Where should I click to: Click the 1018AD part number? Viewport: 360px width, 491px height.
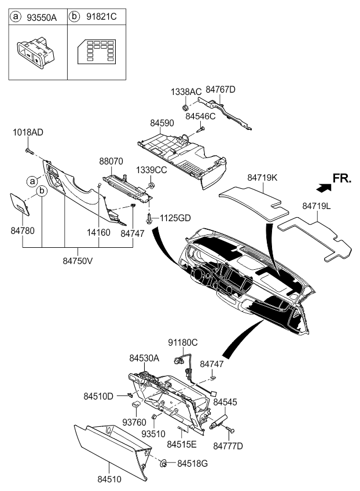point(28,133)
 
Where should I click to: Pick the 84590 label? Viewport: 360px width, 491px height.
point(163,123)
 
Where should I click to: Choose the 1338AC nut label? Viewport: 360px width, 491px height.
point(186,92)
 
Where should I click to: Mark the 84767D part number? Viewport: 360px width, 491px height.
point(221,89)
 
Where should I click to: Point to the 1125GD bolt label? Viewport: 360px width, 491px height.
point(175,218)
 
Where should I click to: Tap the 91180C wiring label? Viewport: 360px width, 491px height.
point(183,343)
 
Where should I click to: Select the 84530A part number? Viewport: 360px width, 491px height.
point(145,359)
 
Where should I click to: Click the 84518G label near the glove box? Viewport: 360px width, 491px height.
point(193,463)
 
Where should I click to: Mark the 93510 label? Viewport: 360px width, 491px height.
point(154,434)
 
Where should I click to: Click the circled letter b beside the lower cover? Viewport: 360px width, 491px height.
point(42,190)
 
